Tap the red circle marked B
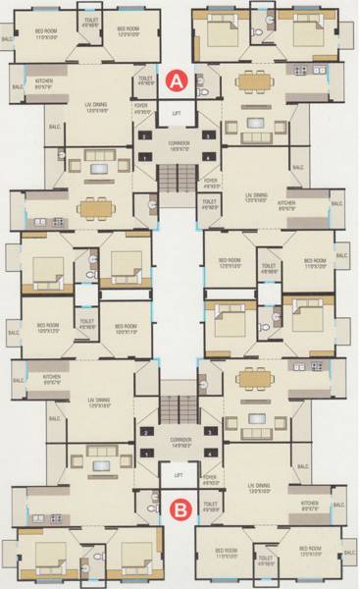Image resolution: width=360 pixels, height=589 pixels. pyautogui.click(x=180, y=509)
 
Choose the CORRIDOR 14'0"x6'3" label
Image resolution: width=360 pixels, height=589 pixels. pyautogui.click(x=180, y=440)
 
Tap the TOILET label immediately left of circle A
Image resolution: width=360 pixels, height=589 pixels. pyautogui.click(x=145, y=81)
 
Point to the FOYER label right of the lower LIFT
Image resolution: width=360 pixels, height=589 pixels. pyautogui.click(x=210, y=483)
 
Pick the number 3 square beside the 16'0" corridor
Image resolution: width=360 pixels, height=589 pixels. pyautogui.click(x=208, y=134)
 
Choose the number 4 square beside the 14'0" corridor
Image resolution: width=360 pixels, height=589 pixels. pyautogui.click(x=210, y=455)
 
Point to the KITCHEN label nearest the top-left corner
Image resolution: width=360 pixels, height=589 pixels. pyautogui.click(x=45, y=85)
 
